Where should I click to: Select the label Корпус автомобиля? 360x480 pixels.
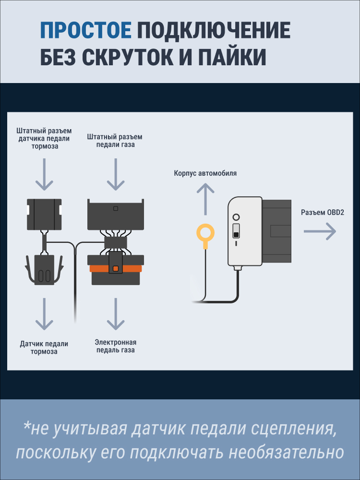pyautogui.click(x=205, y=173)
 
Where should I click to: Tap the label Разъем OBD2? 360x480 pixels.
pyautogui.click(x=323, y=212)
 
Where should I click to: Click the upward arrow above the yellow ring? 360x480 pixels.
pyautogui.click(x=205, y=199)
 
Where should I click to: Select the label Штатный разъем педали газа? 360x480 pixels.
pyautogui.click(x=115, y=141)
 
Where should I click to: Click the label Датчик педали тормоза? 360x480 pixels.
pyautogui.click(x=44, y=348)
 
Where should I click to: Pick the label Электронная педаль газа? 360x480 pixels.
pyautogui.click(x=115, y=346)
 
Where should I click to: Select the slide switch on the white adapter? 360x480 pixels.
pyautogui.click(x=236, y=231)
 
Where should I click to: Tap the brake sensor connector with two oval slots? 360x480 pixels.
pyautogui.click(x=44, y=270)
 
